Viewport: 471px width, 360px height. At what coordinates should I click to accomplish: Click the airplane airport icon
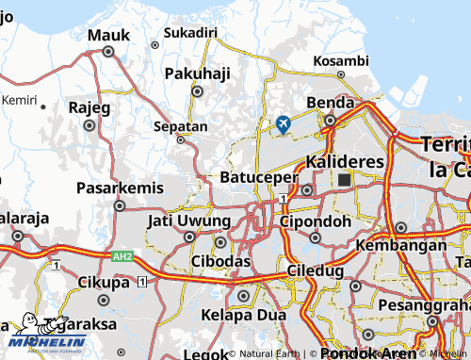click(x=284, y=123)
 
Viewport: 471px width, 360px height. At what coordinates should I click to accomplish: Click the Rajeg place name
click(x=89, y=107)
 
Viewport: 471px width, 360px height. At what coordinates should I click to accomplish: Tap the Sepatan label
click(x=180, y=125)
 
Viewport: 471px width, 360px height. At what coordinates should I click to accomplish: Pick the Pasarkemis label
click(x=119, y=187)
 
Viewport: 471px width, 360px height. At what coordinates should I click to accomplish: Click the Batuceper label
click(x=258, y=176)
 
